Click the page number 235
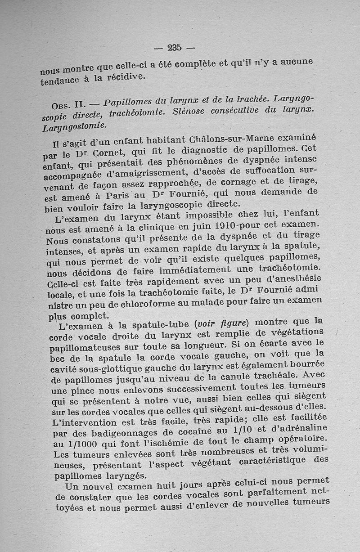pyautogui.click(x=174, y=47)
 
